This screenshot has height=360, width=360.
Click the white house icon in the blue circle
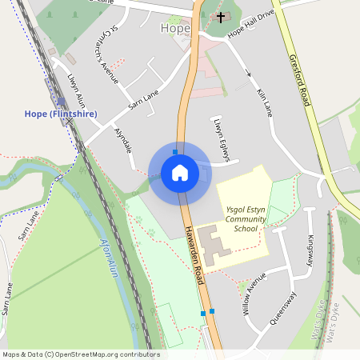coord(180,172)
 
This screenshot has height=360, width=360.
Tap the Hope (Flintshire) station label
coord(61,114)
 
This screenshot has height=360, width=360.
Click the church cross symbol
coord(221,16)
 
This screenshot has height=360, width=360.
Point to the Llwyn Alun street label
coord(77,90)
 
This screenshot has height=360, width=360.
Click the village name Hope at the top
coord(176,29)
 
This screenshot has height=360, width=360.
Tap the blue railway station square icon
coord(61,101)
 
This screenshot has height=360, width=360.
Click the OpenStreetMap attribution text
coord(80,354)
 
